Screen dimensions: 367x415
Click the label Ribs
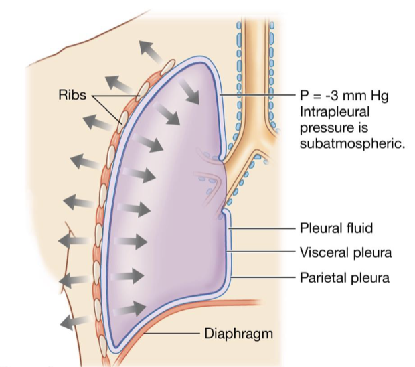click(x=72, y=96)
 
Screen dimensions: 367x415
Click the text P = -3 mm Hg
click(x=341, y=96)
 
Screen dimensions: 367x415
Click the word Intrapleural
click(x=336, y=111)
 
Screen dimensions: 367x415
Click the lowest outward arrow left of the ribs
click(x=74, y=321)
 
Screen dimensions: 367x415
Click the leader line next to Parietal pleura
click(x=264, y=275)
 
